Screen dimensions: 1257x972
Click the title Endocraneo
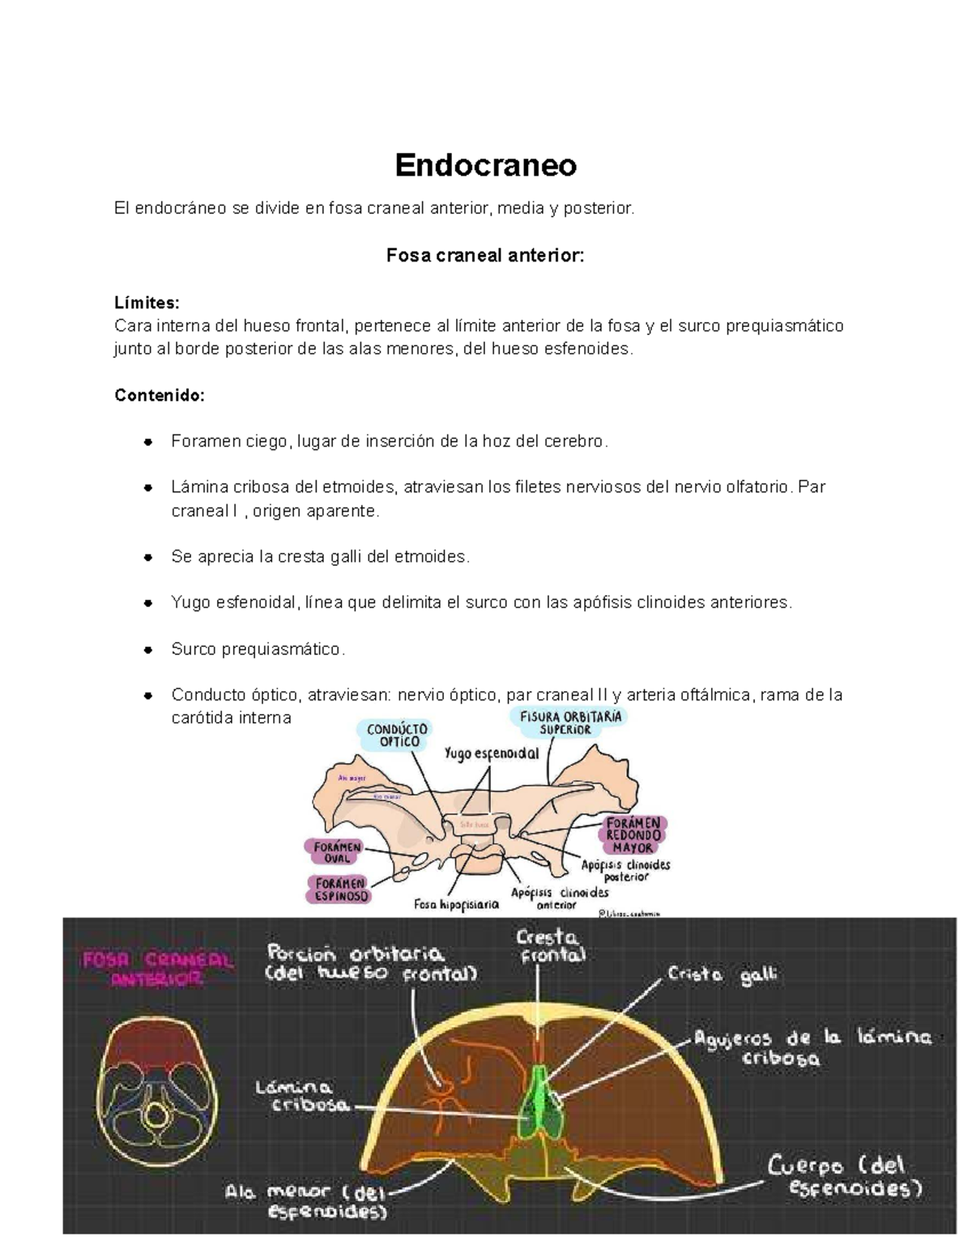click(x=485, y=165)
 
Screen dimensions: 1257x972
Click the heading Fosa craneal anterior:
click(x=485, y=256)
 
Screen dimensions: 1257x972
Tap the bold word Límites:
click(x=147, y=303)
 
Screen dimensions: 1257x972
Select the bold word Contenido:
click(x=160, y=395)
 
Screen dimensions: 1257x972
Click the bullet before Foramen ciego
click(x=147, y=442)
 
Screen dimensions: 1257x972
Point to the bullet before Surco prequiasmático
click(x=147, y=650)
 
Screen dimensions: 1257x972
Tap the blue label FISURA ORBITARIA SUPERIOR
click(x=571, y=722)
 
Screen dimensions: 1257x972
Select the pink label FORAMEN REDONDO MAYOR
click(x=633, y=835)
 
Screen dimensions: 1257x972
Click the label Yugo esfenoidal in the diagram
click(x=492, y=754)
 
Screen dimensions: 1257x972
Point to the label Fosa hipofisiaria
click(x=456, y=905)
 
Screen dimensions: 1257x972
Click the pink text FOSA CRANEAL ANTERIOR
click(x=157, y=970)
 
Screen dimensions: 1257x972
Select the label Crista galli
click(x=722, y=976)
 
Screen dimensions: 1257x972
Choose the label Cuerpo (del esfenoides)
click(x=846, y=1178)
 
